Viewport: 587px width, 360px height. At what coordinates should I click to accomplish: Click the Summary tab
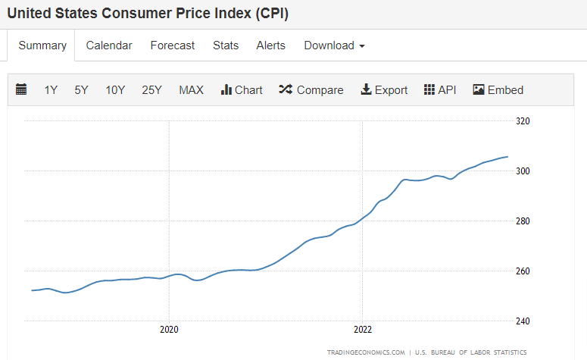[x=42, y=45]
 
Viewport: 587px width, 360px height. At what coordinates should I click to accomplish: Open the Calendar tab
[x=109, y=45]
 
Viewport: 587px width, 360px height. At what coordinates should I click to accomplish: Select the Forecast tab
[x=173, y=45]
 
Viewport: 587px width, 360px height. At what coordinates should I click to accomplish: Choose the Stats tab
[x=226, y=45]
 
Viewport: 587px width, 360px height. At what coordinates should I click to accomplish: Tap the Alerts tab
[x=271, y=45]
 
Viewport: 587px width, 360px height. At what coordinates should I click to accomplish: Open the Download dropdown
[x=334, y=45]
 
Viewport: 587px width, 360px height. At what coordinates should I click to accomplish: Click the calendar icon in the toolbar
[x=21, y=89]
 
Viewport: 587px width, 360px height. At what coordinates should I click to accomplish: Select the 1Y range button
[x=51, y=89]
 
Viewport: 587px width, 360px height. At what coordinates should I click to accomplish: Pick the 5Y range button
[x=81, y=89]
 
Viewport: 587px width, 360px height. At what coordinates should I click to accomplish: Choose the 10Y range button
[x=115, y=89]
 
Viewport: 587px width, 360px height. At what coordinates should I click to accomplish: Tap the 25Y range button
[x=151, y=89]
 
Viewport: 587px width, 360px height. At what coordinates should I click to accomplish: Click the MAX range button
[x=191, y=89]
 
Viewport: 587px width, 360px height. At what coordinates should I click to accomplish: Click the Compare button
[x=311, y=89]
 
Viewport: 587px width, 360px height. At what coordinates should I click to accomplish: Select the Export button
[x=384, y=89]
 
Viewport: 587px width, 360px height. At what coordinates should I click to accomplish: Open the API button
[x=440, y=89]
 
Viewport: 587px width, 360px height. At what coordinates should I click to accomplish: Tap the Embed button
[x=498, y=89]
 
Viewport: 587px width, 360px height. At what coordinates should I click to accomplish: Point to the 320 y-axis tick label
[x=523, y=121]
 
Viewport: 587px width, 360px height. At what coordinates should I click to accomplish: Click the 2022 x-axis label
[x=363, y=330]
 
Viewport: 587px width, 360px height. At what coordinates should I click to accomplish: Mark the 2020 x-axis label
[x=169, y=330]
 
